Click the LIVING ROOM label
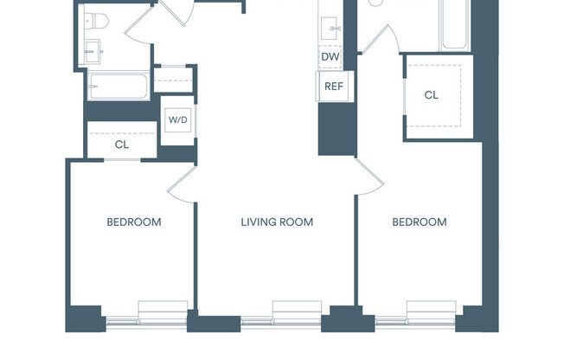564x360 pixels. click(277, 222)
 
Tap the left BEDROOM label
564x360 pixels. click(134, 222)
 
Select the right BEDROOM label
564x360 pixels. click(420, 222)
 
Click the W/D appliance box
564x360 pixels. click(177, 120)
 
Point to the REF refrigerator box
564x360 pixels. click(333, 86)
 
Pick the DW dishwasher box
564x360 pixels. click(330, 57)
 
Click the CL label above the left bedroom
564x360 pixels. click(122, 145)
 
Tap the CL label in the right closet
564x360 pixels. click(431, 95)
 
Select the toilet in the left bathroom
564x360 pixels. click(95, 21)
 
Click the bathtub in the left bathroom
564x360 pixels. click(118, 86)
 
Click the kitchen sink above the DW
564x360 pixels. click(330, 29)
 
